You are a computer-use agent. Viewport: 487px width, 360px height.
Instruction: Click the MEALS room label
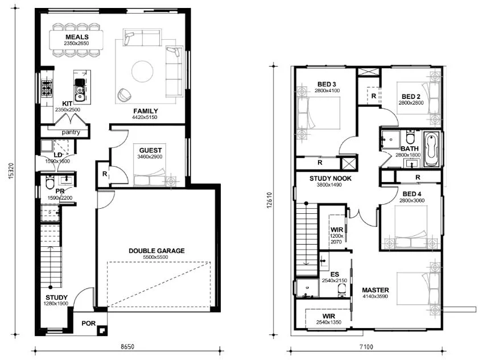point(77,37)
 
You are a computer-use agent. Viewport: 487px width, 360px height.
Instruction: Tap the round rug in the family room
point(142,72)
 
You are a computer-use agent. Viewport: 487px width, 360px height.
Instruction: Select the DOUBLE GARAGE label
point(156,251)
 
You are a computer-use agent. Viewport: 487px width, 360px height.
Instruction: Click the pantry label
point(71,132)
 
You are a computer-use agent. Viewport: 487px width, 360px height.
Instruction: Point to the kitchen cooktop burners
point(47,88)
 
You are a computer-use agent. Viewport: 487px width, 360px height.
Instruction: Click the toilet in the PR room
point(49,182)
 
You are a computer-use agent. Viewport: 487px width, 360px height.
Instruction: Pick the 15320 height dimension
point(11,171)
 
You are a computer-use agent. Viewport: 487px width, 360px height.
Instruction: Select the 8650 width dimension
point(127,347)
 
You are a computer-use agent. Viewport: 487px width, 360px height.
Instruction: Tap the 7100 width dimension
point(366,347)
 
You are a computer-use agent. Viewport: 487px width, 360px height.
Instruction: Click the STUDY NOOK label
point(330,179)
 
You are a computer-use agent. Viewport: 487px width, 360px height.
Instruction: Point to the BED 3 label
point(327,84)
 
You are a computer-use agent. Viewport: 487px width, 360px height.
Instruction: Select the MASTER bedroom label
point(375,290)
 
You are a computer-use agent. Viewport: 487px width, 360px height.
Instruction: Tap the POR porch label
point(89,324)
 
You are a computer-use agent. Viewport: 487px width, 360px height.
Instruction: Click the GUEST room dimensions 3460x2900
point(150,157)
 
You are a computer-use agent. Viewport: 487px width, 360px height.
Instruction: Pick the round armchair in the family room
point(124,95)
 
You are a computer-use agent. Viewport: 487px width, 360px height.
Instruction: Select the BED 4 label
point(412,194)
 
